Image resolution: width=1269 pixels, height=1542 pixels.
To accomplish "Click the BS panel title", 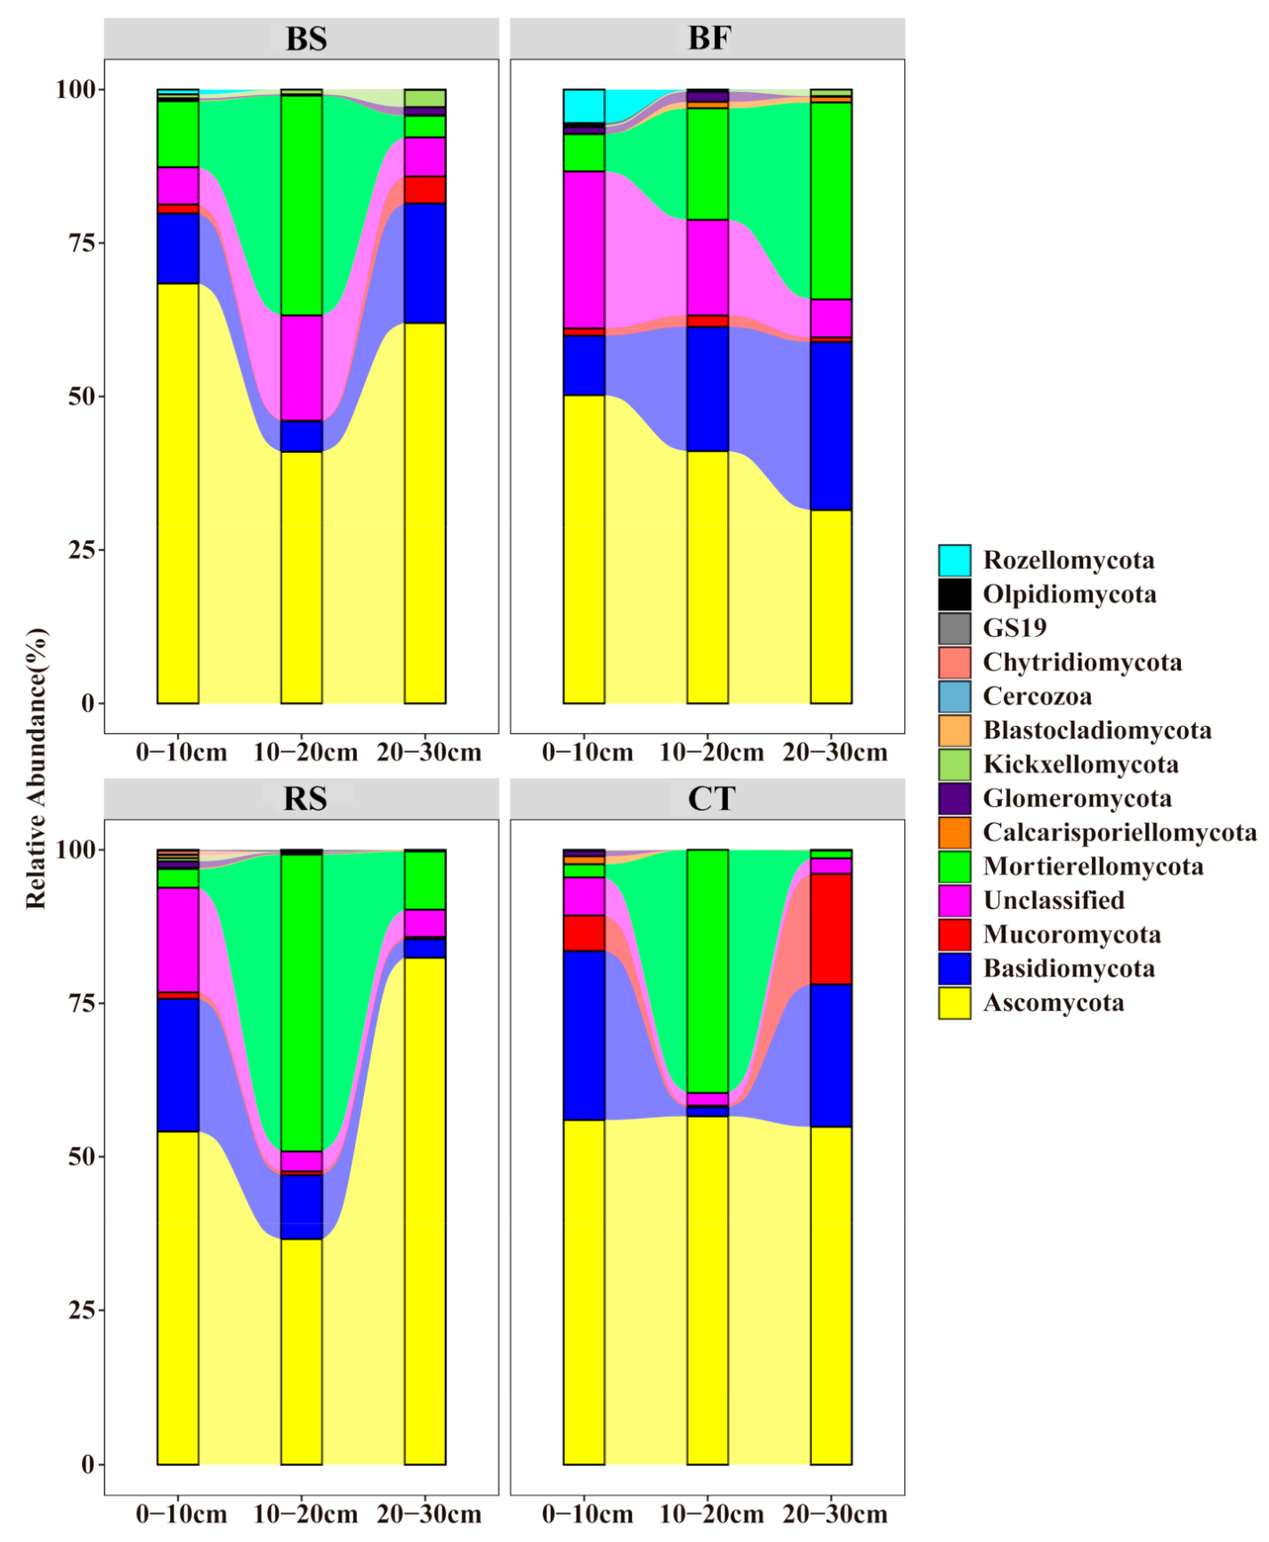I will point(305,39).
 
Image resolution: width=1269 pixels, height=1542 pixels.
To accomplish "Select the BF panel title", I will point(708,39).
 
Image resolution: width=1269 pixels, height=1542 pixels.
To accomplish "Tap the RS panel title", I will point(304,798).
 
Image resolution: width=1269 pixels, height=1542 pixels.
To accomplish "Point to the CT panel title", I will point(710,798).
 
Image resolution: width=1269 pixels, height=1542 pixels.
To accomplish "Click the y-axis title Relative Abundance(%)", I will point(36,769).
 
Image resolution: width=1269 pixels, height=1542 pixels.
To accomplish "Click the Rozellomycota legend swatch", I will point(954,561).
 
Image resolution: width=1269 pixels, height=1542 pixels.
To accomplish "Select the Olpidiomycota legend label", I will point(1069,594).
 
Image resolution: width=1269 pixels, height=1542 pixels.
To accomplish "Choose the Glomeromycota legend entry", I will point(1077,798).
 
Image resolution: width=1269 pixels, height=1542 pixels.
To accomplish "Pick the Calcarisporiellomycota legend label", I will point(1119,832).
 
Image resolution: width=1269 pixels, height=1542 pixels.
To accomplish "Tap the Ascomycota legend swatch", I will point(954,1003).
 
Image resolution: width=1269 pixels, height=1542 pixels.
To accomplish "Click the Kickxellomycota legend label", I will point(1080,764).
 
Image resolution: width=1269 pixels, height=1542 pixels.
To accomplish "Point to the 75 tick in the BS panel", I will point(82,243).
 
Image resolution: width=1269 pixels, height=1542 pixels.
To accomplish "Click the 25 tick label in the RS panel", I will point(82,1311).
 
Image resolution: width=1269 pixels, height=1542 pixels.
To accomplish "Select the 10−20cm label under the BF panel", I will point(711,753).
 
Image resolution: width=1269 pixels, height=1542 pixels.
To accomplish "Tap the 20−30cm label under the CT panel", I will point(835,1514).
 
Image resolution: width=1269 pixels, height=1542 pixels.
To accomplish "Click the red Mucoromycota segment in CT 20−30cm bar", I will point(830,928).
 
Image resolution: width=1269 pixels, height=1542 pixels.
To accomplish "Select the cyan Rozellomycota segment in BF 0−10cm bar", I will point(584,106).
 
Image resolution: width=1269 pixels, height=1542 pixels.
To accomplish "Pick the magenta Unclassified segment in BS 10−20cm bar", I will point(302,367).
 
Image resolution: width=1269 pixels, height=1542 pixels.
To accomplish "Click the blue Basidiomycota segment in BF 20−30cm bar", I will point(830,425).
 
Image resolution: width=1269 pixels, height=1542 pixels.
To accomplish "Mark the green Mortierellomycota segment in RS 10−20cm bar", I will point(302,1003).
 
